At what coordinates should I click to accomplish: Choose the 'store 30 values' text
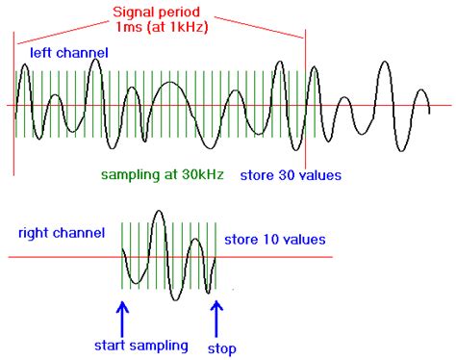coord(291,175)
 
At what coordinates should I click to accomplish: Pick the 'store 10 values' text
coord(275,239)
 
